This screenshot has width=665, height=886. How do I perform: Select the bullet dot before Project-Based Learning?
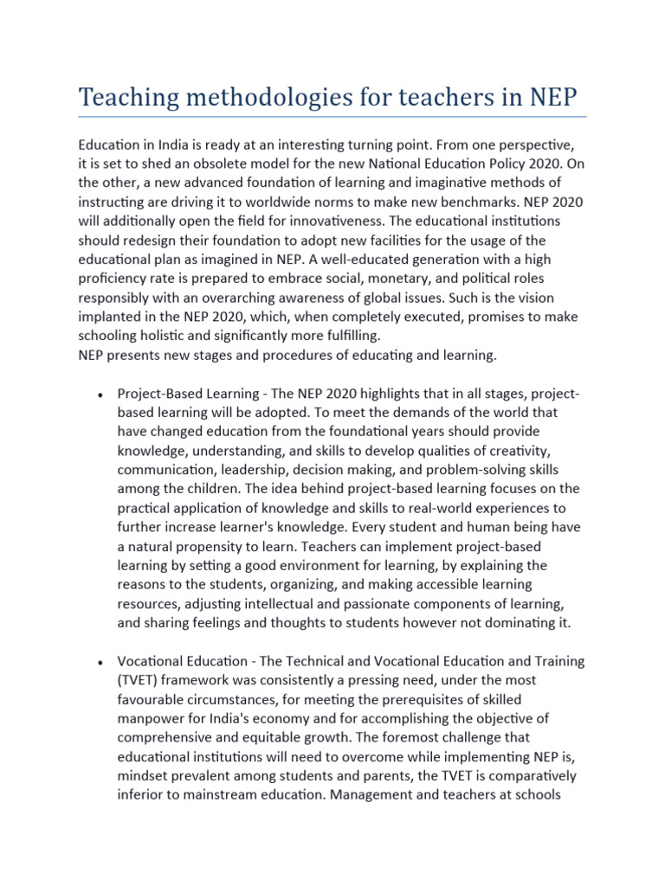tap(101, 396)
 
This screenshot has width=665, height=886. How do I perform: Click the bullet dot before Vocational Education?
tap(101, 663)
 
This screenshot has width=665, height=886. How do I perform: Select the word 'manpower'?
tap(153, 718)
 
